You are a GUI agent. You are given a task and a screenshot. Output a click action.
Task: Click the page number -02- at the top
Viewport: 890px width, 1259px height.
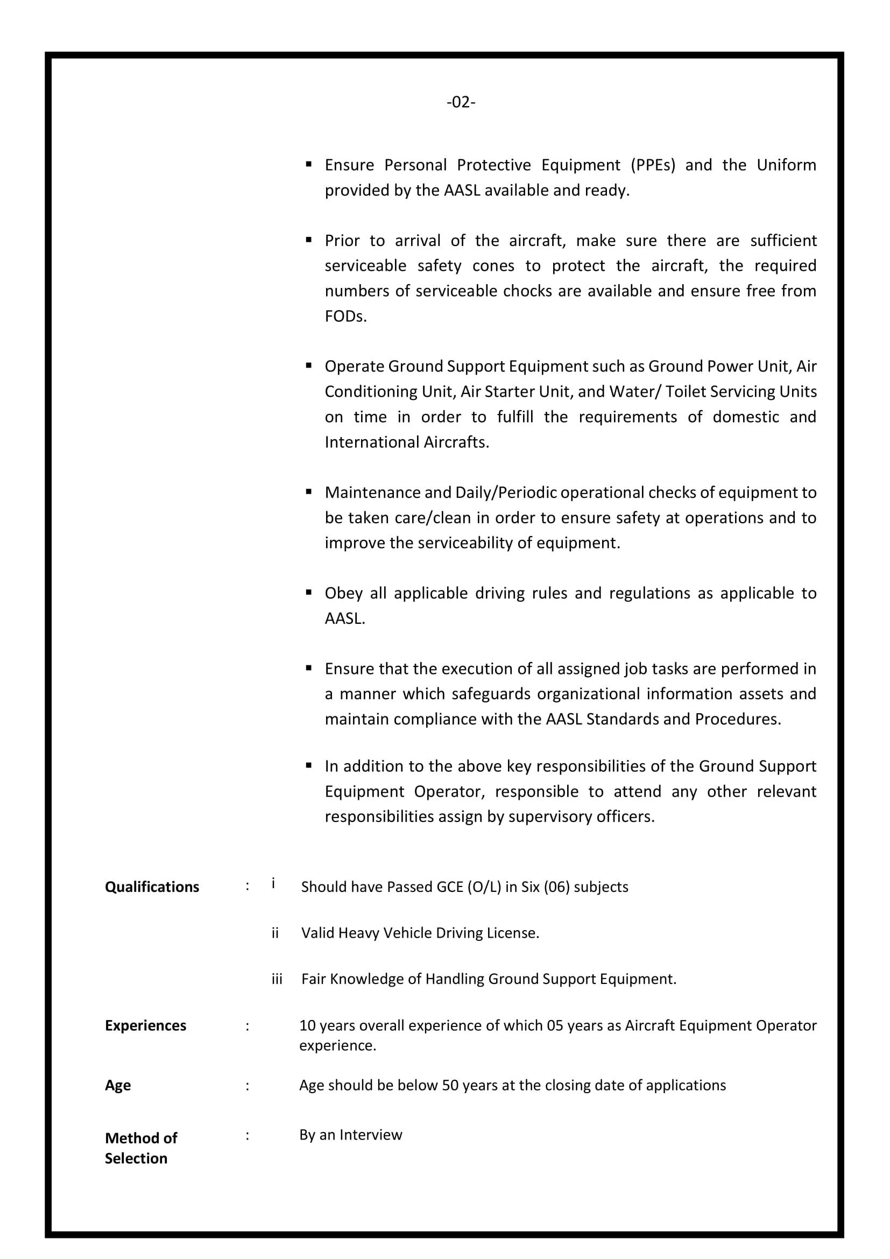[x=461, y=102]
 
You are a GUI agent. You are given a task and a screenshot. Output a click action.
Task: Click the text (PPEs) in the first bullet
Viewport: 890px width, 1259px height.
[x=653, y=165]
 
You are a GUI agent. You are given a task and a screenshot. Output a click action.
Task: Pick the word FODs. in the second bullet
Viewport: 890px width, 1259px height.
[x=345, y=316]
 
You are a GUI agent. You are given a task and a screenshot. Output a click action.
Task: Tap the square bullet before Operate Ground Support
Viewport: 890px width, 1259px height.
[x=309, y=365]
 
